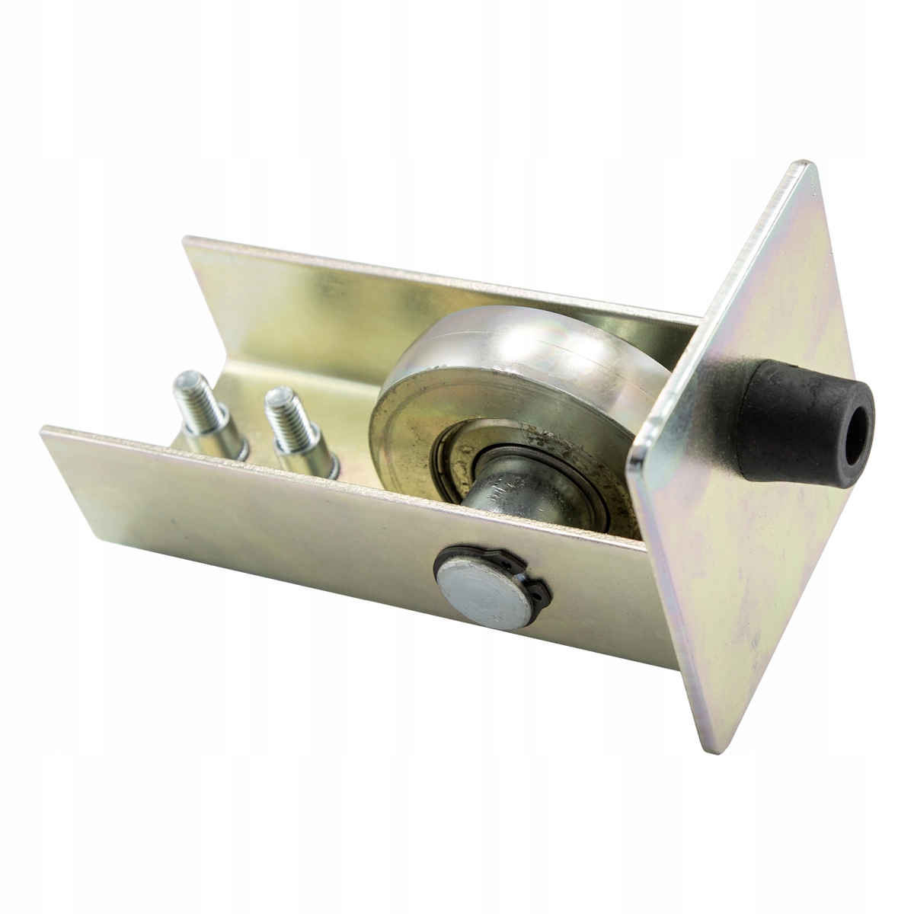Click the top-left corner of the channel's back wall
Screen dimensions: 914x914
(x=185, y=240)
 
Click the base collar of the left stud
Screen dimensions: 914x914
(x=221, y=449)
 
